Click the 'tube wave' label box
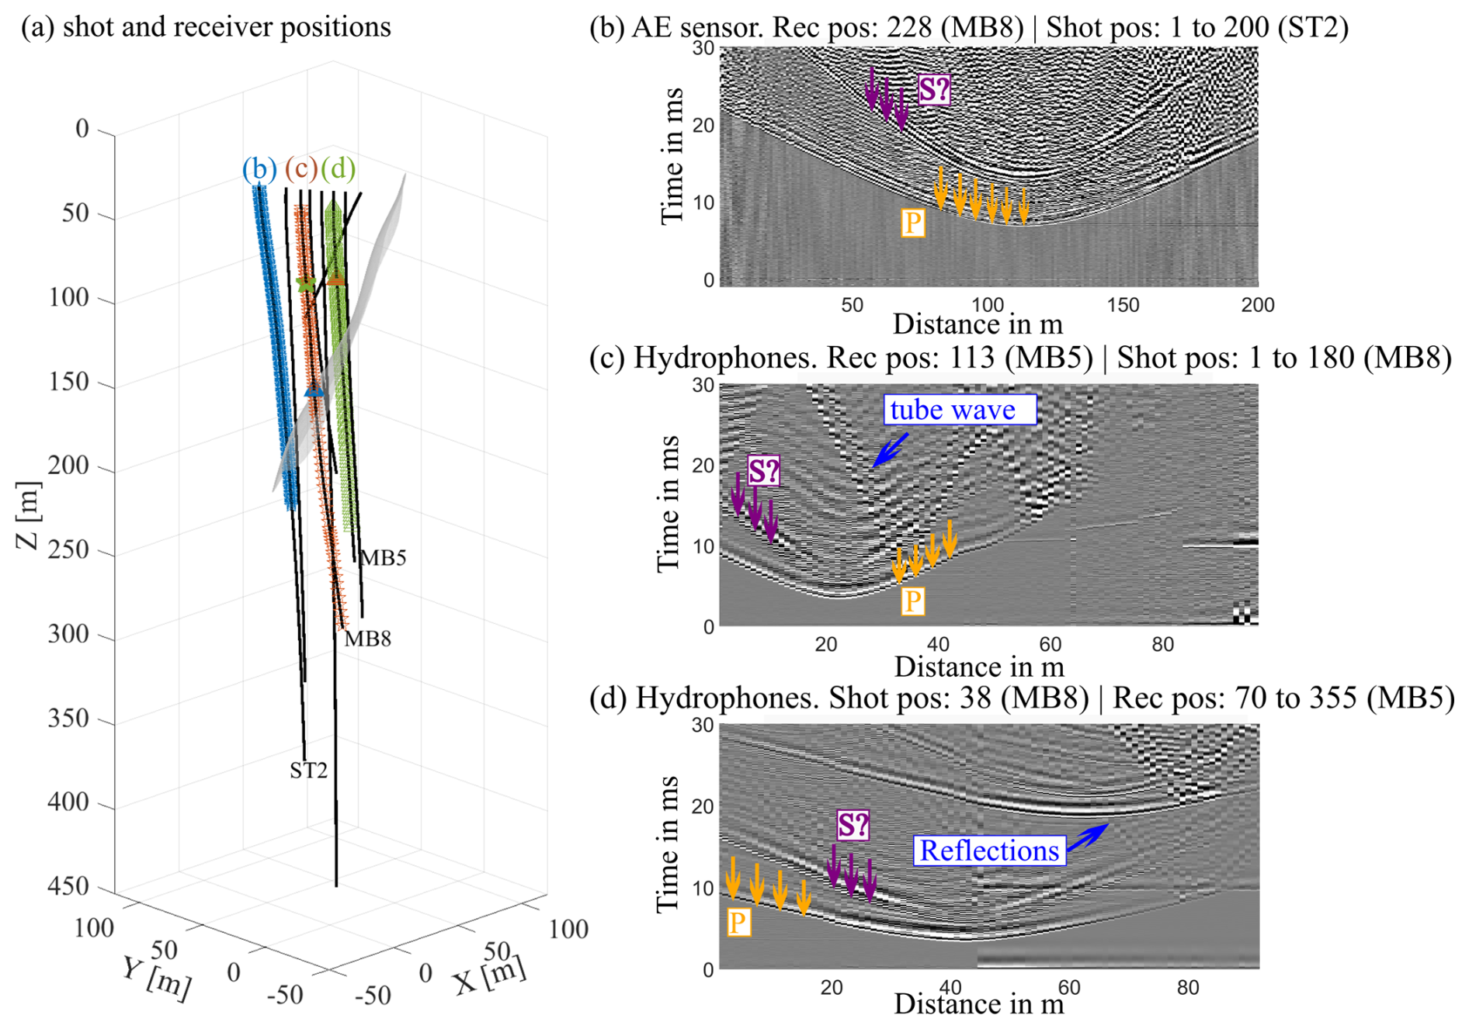[x=959, y=410]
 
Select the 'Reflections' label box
[x=989, y=851]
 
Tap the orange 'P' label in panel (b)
[x=912, y=223]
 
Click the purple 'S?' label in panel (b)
[x=933, y=90]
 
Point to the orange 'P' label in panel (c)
[x=912, y=601]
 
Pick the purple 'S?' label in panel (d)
[x=853, y=825]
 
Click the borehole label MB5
[x=384, y=558]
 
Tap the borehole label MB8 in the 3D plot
[x=367, y=639]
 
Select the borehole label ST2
[x=308, y=771]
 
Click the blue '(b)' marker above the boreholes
[x=259, y=168]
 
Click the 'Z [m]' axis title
[x=28, y=514]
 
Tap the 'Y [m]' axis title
[x=156, y=977]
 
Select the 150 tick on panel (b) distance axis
[x=1123, y=305]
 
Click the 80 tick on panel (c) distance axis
[x=1162, y=644]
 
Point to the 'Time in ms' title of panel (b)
[x=672, y=157]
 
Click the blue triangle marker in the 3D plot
[x=314, y=391]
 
